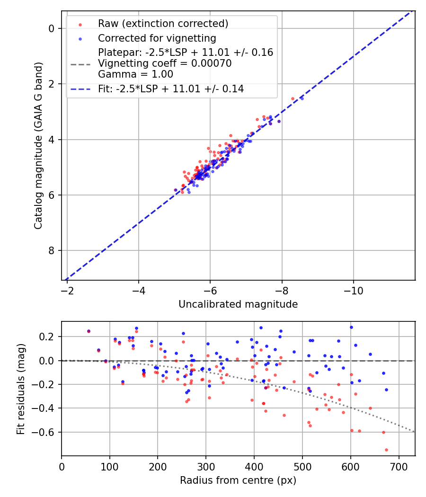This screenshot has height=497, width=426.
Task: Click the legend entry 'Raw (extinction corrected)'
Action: coord(163,24)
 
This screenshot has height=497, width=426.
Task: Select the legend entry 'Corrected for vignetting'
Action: coord(157,38)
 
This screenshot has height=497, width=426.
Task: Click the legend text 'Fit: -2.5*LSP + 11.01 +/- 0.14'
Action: coord(171,89)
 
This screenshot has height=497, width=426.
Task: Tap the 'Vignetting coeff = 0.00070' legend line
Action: coord(165,63)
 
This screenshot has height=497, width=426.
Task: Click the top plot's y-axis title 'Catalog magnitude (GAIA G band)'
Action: coord(38,145)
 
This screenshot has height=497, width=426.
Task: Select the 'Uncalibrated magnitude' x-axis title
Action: coord(238,304)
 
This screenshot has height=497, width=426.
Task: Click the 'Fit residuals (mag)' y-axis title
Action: coord(21,389)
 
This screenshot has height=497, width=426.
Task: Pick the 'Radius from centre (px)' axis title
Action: coord(238,480)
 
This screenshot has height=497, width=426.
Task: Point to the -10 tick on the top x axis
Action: coord(353,290)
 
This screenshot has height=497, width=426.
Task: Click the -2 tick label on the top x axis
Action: coord(67,290)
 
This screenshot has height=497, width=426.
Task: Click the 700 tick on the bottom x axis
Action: coord(399,466)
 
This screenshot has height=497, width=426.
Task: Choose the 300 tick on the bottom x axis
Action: coord(206,466)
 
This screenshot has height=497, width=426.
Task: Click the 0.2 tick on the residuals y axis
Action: coord(48,337)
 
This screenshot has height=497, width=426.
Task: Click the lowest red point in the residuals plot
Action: coord(386,450)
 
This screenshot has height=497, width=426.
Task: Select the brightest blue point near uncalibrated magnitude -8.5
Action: coord(302,98)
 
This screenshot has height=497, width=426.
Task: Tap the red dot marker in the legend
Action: coord(80,24)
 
